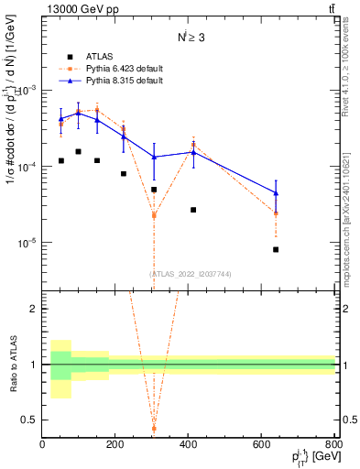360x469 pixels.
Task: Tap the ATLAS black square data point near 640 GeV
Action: [x=301, y=249]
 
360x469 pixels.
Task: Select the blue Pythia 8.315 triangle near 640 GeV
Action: [x=301, y=193]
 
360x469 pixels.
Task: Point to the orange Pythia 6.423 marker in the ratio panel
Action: [x=154, y=428]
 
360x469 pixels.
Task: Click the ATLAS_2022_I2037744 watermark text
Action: [x=191, y=273]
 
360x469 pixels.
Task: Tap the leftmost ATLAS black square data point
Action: [x=60, y=160]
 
